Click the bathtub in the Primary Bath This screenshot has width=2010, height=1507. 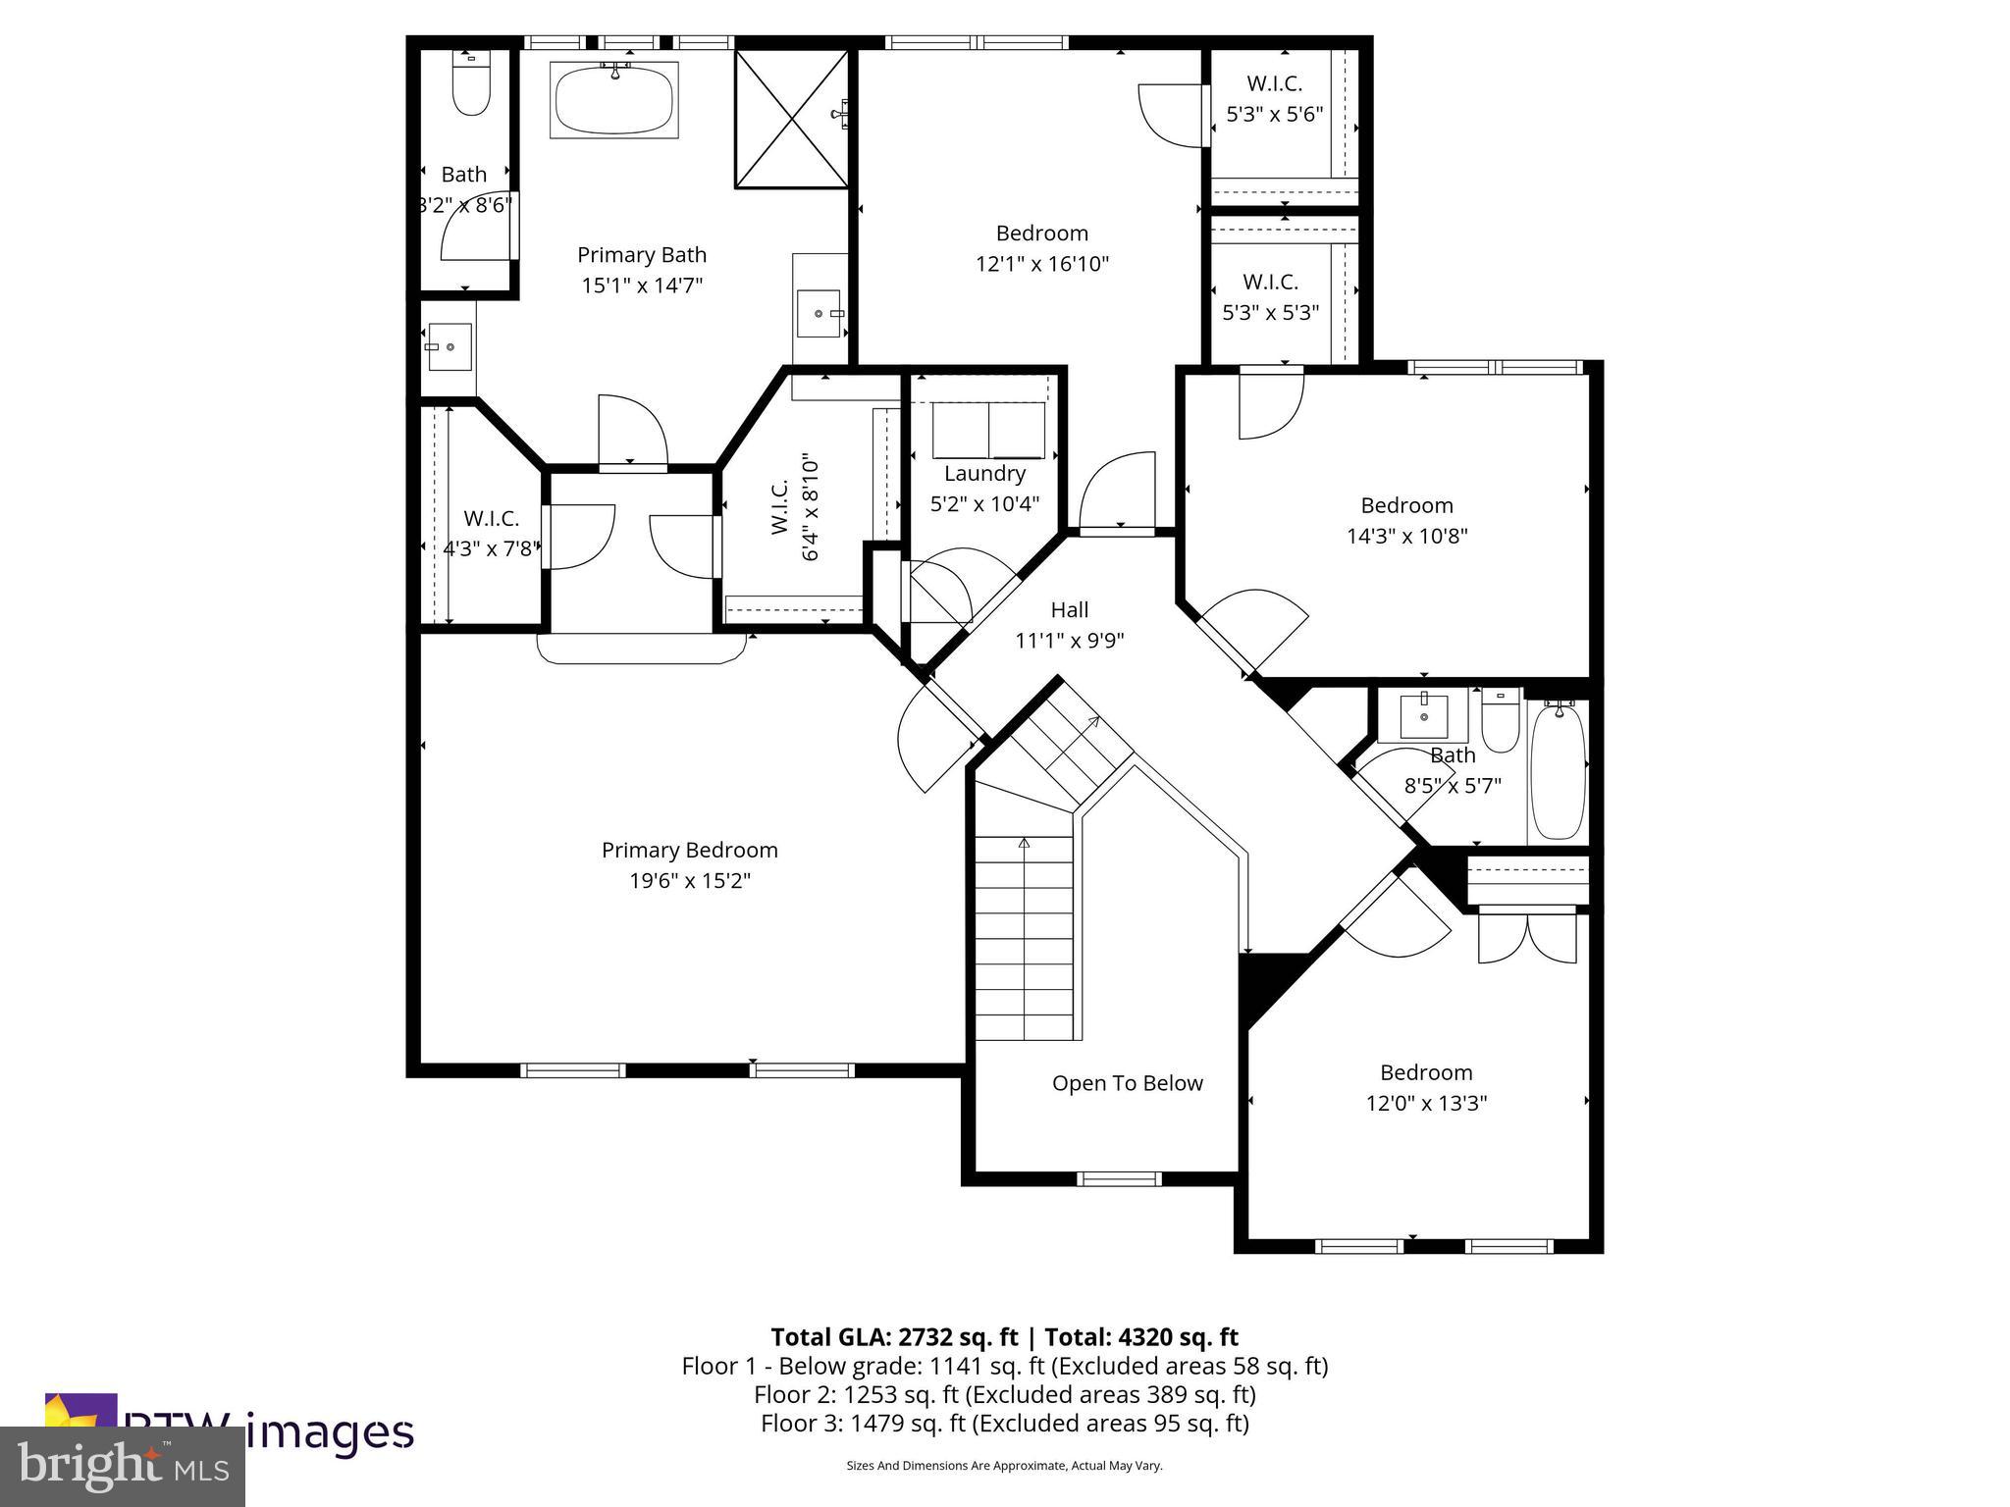coord(614,101)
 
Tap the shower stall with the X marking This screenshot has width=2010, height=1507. coord(791,119)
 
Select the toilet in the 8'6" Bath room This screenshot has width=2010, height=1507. coord(471,85)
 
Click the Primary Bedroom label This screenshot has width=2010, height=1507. coord(689,850)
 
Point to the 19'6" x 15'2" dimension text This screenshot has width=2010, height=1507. coord(689,881)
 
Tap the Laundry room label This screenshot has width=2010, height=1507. coord(984,474)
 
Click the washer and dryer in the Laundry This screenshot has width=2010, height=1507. coord(988,430)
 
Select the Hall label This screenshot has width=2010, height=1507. coord(1069,610)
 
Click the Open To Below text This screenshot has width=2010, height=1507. coord(1127,1083)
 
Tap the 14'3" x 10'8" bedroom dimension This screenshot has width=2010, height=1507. coord(1406,537)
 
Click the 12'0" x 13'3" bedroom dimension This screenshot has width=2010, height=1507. coord(1426,1104)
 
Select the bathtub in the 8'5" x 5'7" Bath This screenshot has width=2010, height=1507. coord(1558,771)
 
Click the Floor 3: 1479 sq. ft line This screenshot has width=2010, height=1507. coord(1004,1423)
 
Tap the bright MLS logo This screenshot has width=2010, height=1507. coord(123,1467)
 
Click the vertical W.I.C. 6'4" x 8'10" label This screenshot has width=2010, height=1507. coord(795,507)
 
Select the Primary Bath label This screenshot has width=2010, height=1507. coord(641,255)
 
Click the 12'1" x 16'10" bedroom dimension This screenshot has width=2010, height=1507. coord(1041,264)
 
